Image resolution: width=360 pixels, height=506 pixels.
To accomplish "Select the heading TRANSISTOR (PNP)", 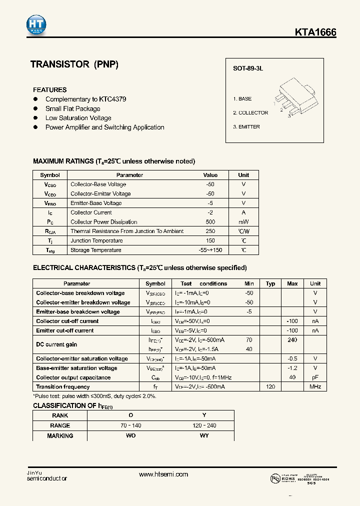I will point(74,64).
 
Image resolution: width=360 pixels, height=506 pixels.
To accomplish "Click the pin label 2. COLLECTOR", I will point(250,113).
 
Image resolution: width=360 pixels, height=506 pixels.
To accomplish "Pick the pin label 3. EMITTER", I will point(246,127).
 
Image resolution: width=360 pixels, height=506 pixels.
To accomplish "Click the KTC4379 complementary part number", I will point(112,99).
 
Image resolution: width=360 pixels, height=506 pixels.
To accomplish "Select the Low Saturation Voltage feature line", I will point(78,118).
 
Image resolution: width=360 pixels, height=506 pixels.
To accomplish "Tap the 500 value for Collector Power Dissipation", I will point(210,222).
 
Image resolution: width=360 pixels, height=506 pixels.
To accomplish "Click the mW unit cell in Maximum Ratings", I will point(243,222).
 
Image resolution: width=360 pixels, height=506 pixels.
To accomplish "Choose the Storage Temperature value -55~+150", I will point(210,250).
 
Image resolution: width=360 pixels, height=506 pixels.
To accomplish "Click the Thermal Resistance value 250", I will point(210,231).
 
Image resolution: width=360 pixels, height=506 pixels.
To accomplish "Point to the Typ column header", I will point(270,283).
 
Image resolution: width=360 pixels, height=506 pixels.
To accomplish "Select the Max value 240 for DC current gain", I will point(292,340).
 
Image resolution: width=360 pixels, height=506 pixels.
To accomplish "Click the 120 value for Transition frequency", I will point(270,387).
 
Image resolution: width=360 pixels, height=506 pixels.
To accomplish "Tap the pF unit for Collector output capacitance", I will point(315,377).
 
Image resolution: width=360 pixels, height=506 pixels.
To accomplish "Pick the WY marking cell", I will point(204,436).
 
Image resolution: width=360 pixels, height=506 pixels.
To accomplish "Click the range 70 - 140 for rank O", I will point(131,425).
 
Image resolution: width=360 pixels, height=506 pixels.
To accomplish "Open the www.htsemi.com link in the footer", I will point(163,474).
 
